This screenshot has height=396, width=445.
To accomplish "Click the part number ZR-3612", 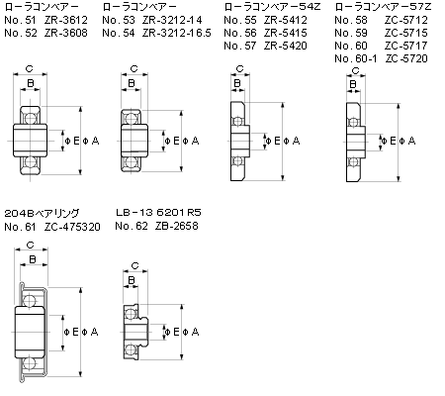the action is pyautogui.click(x=66, y=20).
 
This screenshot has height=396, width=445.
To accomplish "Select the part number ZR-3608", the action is pyautogui.click(x=66, y=33).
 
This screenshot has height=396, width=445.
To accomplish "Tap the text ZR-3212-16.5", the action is pyautogui.click(x=176, y=33).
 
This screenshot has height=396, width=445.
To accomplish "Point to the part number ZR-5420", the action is pyautogui.click(x=286, y=46).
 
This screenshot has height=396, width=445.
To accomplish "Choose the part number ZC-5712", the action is pyautogui.click(x=406, y=20).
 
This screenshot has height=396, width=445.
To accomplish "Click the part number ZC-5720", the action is pyautogui.click(x=406, y=58).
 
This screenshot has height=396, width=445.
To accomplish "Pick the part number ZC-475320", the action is pyautogui.click(x=72, y=227).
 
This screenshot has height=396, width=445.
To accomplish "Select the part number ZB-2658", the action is pyautogui.click(x=177, y=226).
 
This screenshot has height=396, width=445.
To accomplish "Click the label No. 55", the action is pyautogui.click(x=240, y=20).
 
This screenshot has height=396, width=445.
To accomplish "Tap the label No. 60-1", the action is pyautogui.click(x=355, y=58).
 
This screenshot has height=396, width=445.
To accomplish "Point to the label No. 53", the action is pyautogui.click(x=119, y=20).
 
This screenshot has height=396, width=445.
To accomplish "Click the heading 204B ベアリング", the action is pyautogui.click(x=42, y=213).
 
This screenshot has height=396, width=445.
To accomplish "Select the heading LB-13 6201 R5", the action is pyautogui.click(x=158, y=212).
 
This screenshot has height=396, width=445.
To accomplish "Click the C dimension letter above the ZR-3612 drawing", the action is pyautogui.click(x=30, y=68).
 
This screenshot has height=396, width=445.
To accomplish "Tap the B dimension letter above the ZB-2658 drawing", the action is pyautogui.click(x=132, y=280).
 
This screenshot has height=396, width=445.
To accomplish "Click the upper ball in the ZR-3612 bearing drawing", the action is pyautogui.click(x=30, y=118).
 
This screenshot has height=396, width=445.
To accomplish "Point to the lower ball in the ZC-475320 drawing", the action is pyautogui.click(x=30, y=363).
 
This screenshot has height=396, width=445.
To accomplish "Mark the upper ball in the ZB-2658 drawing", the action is pyautogui.click(x=132, y=314).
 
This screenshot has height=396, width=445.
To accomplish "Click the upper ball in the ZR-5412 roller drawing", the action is pyautogui.click(x=237, y=121).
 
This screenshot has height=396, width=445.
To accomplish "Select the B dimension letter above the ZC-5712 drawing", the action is pyautogui.click(x=353, y=84).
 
